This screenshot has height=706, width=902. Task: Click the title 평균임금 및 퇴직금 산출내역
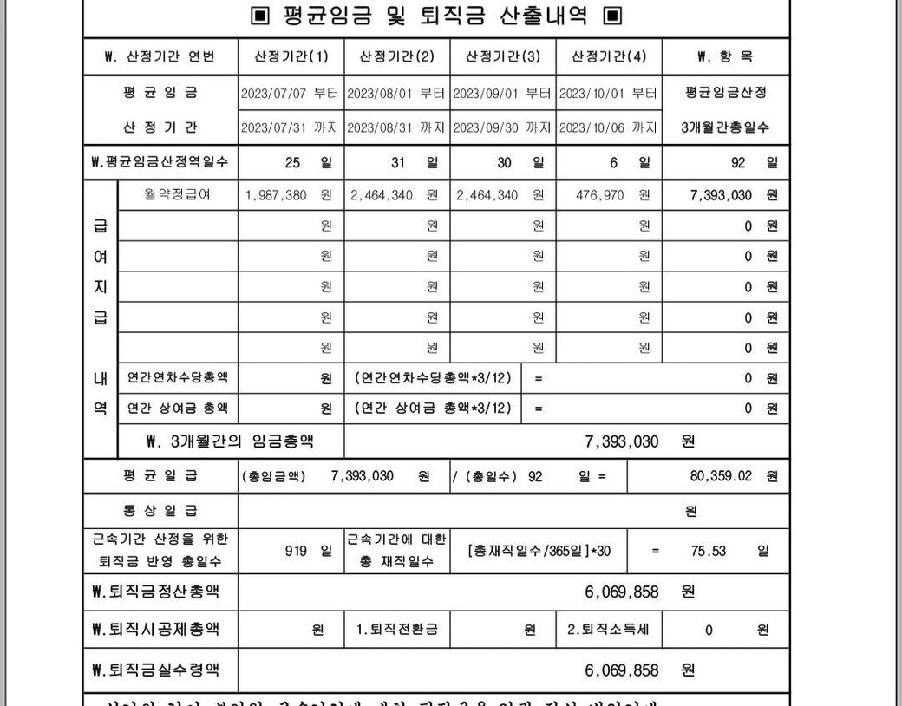point(436,16)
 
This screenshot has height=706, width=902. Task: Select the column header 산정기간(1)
point(291,57)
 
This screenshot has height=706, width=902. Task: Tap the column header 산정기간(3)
point(503,57)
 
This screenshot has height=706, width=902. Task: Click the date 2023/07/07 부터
point(291,93)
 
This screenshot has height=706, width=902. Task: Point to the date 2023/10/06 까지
point(609,127)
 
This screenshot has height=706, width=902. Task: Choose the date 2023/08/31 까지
point(396,127)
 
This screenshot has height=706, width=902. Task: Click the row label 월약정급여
point(177,195)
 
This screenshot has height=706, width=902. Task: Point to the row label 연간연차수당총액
point(177,378)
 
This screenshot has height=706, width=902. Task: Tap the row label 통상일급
point(160,511)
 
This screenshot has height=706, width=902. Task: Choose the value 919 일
point(308,551)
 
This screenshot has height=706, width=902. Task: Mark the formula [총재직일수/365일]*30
point(538,551)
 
